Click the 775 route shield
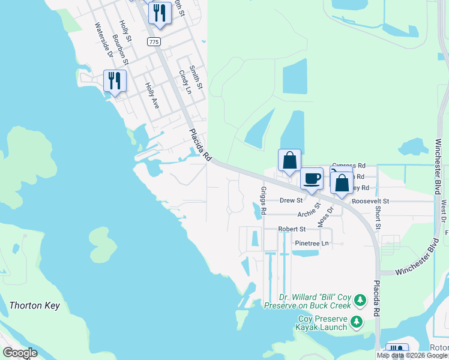tap(154, 41)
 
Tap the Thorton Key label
tap(35, 306)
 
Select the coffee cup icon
tap(312, 179)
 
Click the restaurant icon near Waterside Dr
tap(115, 81)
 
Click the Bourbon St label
tap(119, 49)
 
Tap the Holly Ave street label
tap(152, 95)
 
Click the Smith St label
tap(196, 77)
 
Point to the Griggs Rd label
tap(263, 197)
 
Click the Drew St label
tap(291, 200)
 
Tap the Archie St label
tap(310, 214)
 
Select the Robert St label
tap(292, 229)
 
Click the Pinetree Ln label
tap(312, 243)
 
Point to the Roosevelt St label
tap(370, 201)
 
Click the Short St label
tap(378, 218)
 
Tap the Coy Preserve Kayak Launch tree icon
tap(357, 322)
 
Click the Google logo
tap(20, 353)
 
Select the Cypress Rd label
tap(349, 165)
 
